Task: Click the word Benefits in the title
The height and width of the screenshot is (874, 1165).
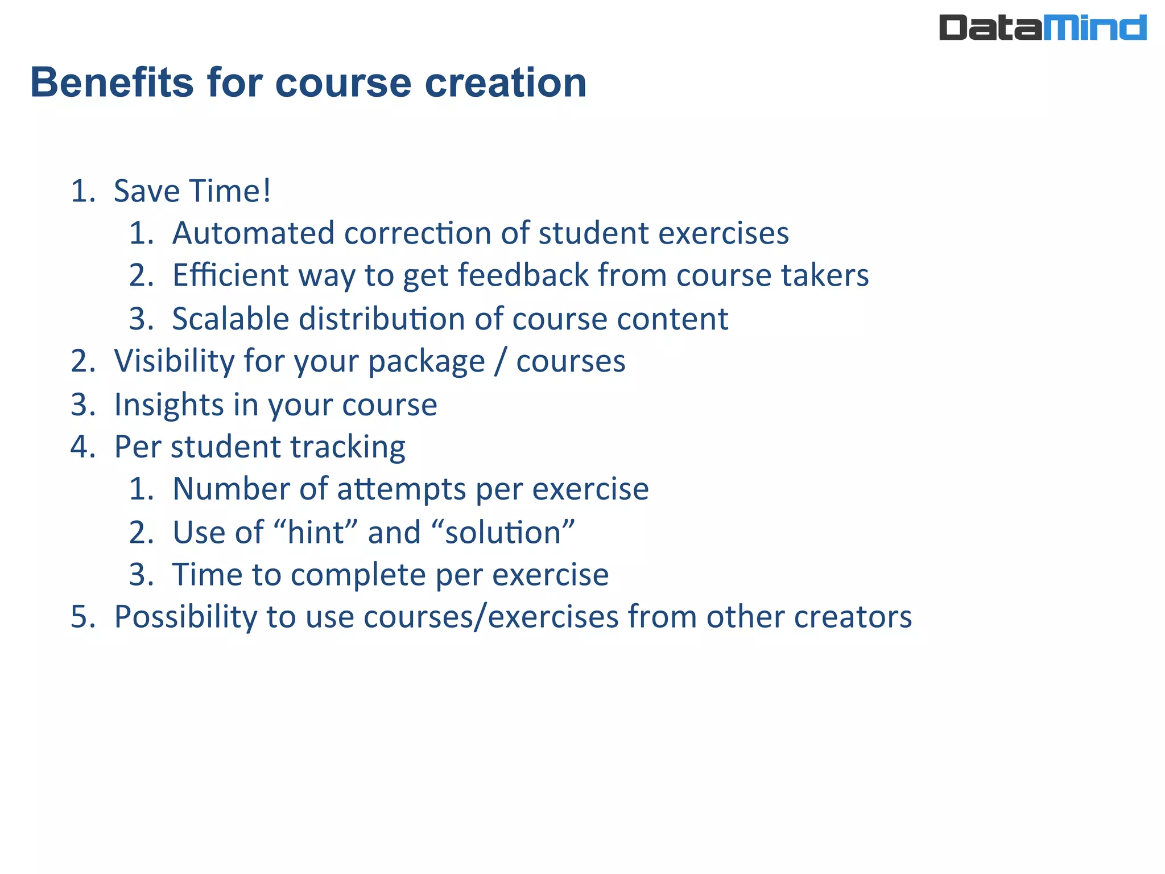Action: (112, 83)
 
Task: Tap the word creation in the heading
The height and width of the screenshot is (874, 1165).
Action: (505, 83)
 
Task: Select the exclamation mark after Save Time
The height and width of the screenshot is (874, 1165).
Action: (267, 191)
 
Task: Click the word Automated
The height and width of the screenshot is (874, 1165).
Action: (253, 233)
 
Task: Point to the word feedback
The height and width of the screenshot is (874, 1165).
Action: (523, 275)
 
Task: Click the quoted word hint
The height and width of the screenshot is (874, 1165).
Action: (315, 533)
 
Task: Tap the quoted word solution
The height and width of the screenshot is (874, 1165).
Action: (503, 533)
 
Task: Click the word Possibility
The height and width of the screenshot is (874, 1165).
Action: (185, 617)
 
